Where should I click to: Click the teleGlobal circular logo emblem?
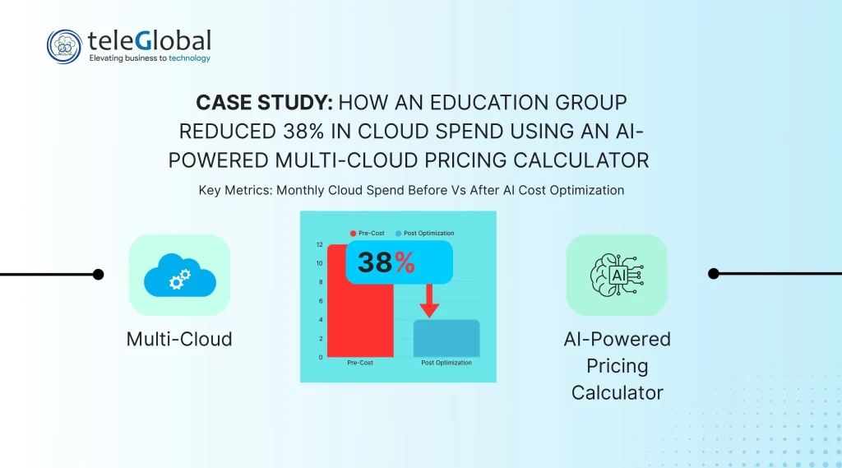tap(64, 47)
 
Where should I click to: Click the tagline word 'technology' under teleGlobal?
tap(190, 58)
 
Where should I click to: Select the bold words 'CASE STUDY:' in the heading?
tap(264, 103)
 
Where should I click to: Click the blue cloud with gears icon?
tap(180, 275)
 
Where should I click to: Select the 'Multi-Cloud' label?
tap(179, 339)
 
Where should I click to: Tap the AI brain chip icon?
tap(617, 275)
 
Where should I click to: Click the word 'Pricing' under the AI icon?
tap(617, 366)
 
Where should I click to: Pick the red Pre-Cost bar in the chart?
tap(360, 301)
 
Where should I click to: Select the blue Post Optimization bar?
tap(446, 339)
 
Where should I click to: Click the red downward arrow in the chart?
tap(429, 300)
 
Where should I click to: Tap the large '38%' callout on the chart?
tap(386, 262)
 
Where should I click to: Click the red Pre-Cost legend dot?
tap(353, 234)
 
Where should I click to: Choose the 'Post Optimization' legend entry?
tap(425, 234)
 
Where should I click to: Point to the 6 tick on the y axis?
tap(321, 301)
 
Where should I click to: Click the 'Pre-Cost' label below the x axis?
tap(360, 363)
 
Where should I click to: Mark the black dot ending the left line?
tap(99, 275)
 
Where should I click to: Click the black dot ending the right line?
tap(714, 274)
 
